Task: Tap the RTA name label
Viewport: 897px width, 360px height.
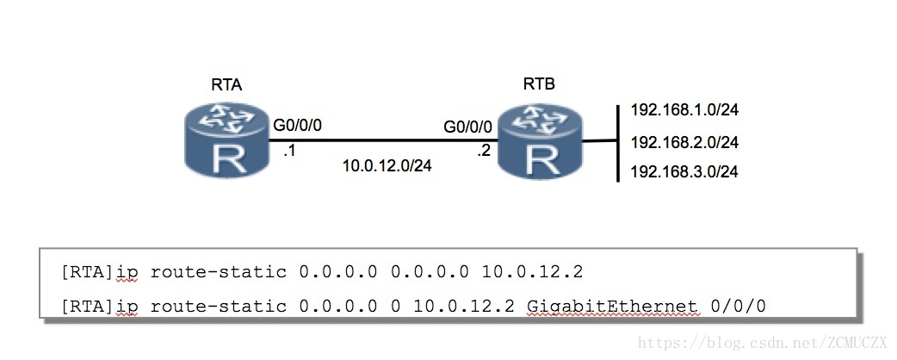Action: click(x=226, y=84)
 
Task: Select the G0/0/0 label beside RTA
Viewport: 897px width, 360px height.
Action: click(x=298, y=126)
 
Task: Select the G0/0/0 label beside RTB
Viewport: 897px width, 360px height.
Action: click(x=468, y=127)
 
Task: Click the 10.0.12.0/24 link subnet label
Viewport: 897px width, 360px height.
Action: click(x=387, y=165)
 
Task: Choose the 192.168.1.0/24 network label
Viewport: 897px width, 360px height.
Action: click(x=684, y=110)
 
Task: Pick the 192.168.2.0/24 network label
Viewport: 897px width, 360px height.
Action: click(x=684, y=141)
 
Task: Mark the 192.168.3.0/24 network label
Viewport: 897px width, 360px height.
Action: click(x=684, y=171)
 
